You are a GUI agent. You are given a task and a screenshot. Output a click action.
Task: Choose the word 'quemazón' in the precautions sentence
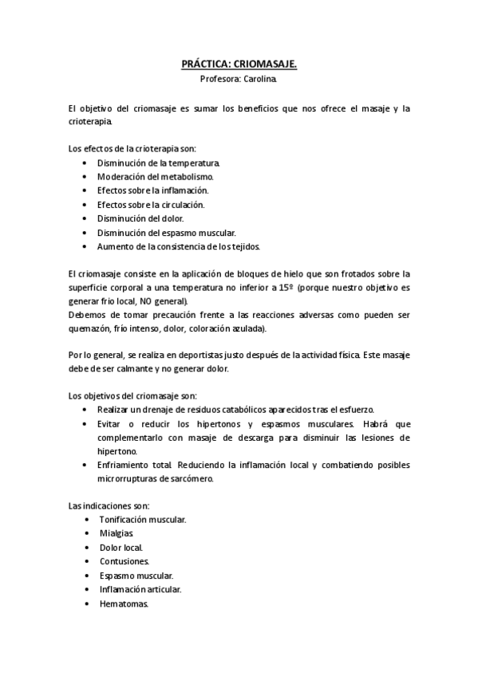coord(89,329)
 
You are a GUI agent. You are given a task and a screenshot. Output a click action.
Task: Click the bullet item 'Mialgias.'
coord(117,533)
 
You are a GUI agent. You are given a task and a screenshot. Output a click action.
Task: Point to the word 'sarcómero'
coord(211,478)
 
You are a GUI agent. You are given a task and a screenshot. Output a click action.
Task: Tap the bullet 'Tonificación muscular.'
coord(143,520)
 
